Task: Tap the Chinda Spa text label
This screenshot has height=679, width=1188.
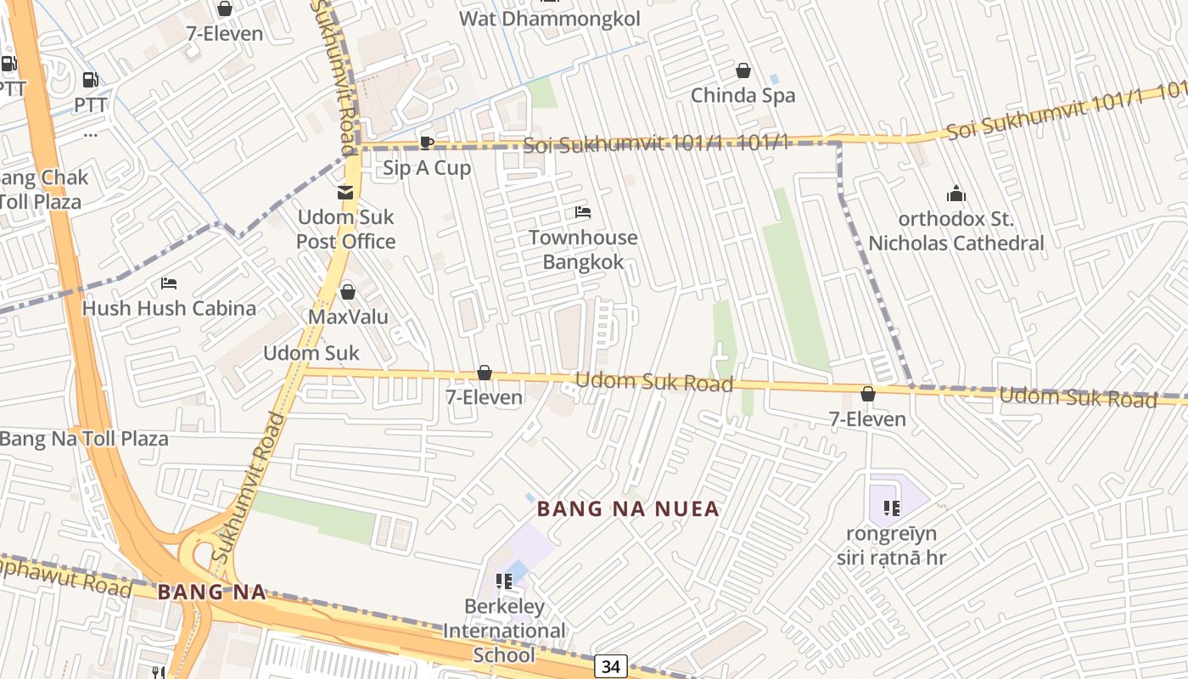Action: (742, 95)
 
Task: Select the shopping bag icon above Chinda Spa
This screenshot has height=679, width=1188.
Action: (743, 70)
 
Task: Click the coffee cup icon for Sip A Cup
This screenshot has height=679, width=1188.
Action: (427, 143)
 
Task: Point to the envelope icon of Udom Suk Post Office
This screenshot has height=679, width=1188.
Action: (345, 193)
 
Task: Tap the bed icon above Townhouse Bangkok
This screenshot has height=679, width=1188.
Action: (583, 211)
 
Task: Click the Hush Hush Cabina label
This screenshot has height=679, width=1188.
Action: (169, 308)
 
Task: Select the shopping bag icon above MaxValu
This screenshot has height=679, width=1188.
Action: (347, 292)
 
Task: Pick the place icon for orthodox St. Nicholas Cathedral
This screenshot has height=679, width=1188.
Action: (956, 194)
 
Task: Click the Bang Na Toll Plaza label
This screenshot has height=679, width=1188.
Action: (84, 439)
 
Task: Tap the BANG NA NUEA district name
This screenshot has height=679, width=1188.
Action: (628, 509)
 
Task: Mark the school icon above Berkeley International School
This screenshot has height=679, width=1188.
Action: (504, 581)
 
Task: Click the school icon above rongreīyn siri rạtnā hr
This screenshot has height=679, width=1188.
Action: (891, 508)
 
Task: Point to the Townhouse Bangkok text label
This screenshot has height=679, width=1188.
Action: (583, 250)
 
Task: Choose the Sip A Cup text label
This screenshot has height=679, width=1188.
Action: (427, 168)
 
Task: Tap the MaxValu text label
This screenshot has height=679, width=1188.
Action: (348, 317)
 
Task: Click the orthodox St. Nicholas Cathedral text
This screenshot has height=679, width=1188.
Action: (956, 231)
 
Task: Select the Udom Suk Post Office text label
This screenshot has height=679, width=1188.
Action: (345, 229)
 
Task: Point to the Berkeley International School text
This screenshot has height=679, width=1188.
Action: (504, 631)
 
